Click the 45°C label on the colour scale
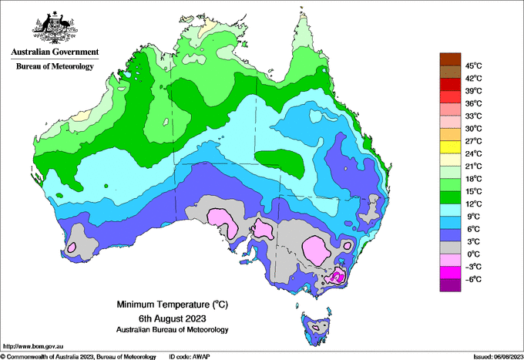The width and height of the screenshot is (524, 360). coord(474,66)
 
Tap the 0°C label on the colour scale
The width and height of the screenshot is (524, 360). coord(474,254)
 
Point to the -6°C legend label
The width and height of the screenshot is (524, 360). coord(474,279)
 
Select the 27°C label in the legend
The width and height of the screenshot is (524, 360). coord(474,141)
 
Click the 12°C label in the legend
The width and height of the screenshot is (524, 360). coord(474,204)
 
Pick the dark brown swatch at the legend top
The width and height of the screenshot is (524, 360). coord(450,59)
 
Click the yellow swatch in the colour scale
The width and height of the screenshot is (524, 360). coord(450,147)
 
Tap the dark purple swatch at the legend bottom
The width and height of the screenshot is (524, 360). coord(450,285)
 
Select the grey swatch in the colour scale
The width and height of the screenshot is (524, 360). coord(450,247)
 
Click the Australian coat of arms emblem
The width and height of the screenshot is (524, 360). coord(55,28)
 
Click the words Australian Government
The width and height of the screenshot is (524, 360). coord(55,52)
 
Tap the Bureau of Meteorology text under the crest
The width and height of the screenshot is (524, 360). coord(55,66)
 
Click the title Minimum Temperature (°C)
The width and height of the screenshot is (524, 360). coord(172,304)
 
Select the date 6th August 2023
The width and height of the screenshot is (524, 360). coord(172,318)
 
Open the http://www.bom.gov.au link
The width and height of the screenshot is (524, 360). coord(33,346)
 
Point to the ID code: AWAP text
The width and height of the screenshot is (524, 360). coord(190,357)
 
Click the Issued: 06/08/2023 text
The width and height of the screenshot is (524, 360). coord(499,357)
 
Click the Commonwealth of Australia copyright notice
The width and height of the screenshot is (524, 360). coord(78,357)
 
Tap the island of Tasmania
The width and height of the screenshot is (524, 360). coord(316,328)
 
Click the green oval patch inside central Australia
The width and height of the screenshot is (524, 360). coord(280,162)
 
